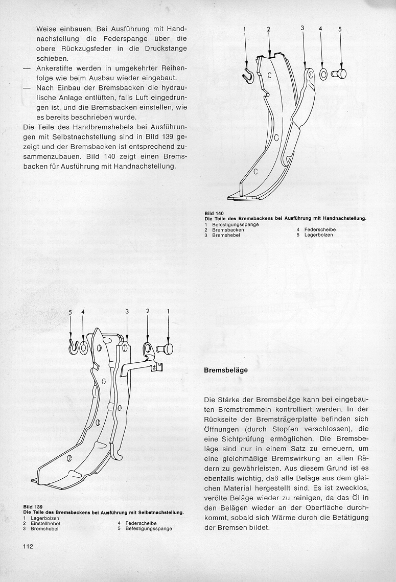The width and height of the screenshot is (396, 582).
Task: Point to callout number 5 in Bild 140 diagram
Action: click(339, 30)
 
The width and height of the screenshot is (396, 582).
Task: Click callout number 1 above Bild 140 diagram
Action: click(245, 30)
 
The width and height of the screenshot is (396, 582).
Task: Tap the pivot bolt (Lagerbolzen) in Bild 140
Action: click(339, 74)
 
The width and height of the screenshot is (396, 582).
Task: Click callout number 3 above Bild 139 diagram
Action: click(126, 311)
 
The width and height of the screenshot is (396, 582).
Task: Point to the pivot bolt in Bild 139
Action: click(166, 350)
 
